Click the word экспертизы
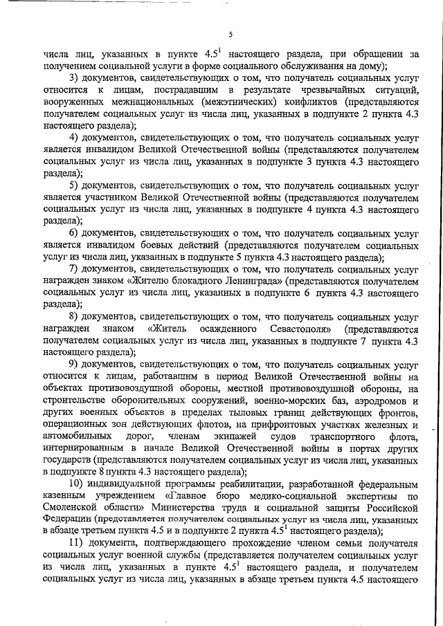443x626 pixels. pyautogui.click(x=377, y=496)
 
